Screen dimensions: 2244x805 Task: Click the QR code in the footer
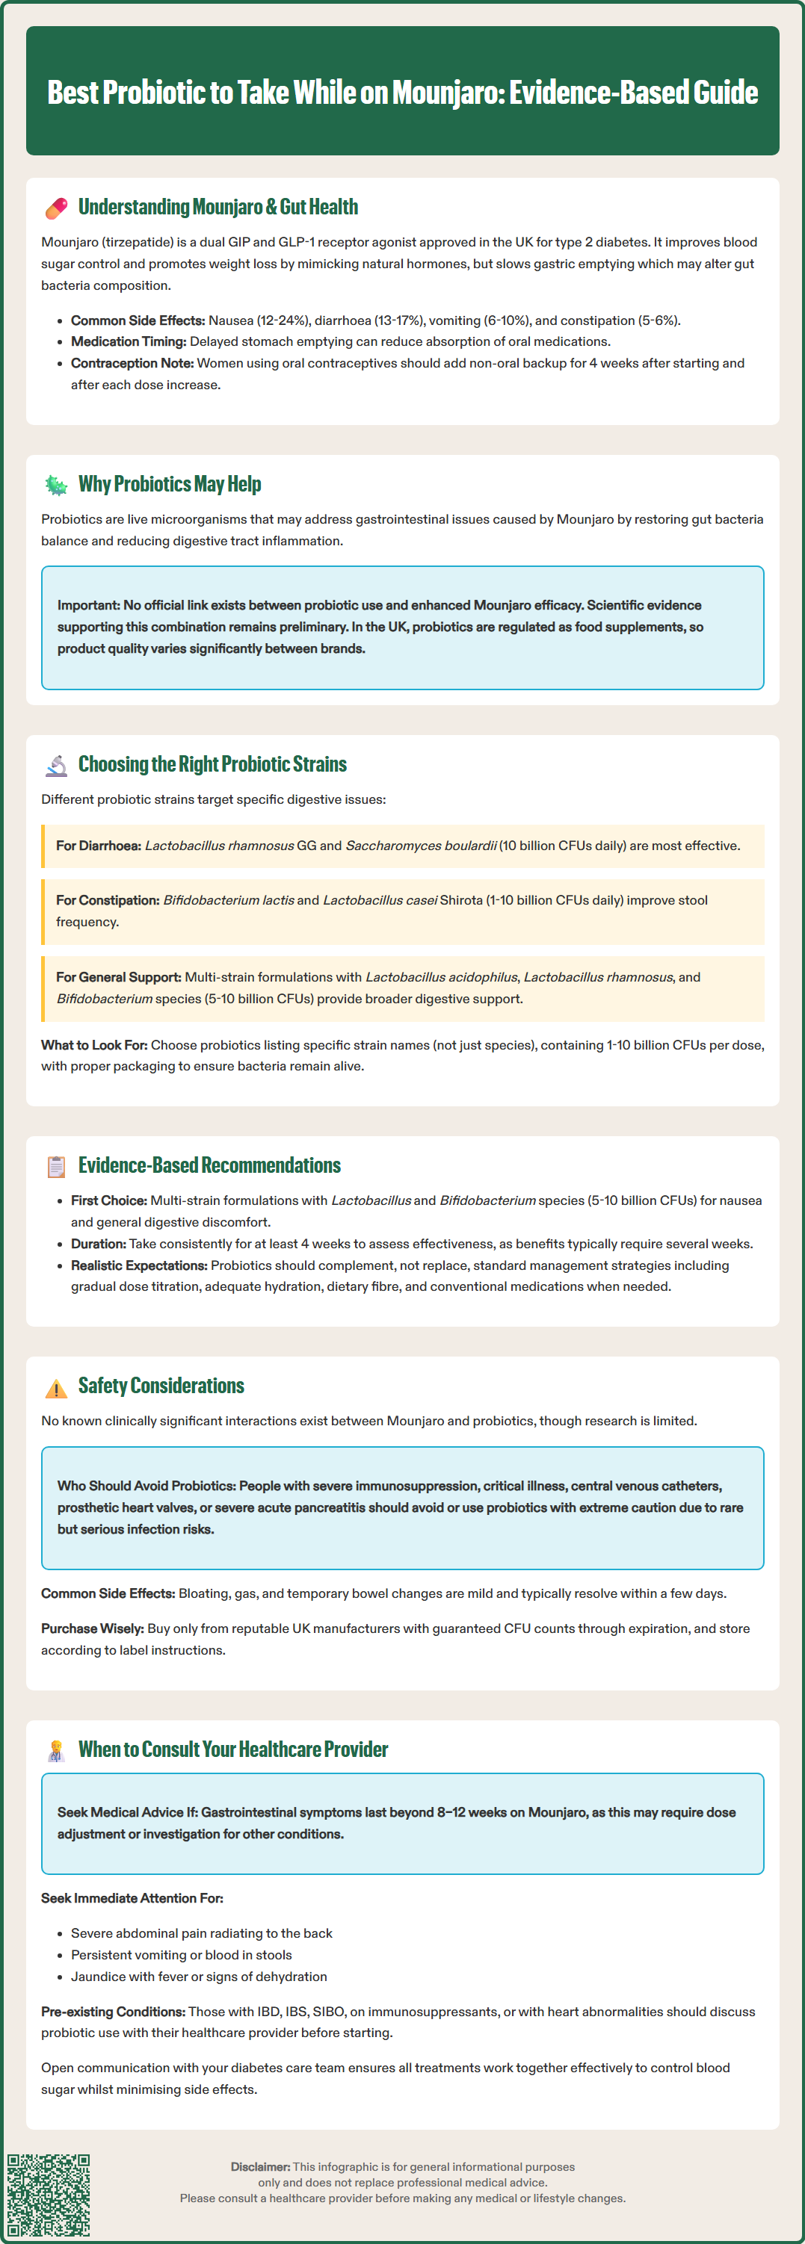(x=49, y=2196)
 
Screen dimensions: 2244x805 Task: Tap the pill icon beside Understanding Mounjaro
(x=57, y=208)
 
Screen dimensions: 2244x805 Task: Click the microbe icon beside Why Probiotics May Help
(x=57, y=486)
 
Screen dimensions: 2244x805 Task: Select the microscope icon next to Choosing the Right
(x=57, y=766)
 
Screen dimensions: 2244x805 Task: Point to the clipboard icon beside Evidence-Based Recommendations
(x=57, y=1166)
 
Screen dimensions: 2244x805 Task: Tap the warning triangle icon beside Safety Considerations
(x=57, y=1388)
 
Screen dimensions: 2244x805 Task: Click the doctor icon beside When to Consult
(x=57, y=1751)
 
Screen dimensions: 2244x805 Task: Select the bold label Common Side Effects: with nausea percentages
(x=138, y=320)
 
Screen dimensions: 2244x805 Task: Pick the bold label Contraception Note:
(x=132, y=363)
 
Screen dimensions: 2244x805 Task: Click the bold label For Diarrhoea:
(x=99, y=846)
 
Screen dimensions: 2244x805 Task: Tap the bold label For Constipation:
(x=107, y=900)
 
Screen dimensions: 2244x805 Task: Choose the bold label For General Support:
(x=119, y=977)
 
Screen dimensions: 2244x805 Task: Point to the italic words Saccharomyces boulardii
(x=421, y=846)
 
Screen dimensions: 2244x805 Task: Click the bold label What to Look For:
(x=94, y=1044)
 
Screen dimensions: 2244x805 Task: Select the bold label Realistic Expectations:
(x=138, y=1265)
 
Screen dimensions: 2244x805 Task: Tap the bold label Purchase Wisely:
(x=93, y=1628)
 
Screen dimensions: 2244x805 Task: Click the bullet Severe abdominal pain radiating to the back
(x=201, y=1933)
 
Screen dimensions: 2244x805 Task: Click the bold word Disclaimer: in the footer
(x=259, y=2166)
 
